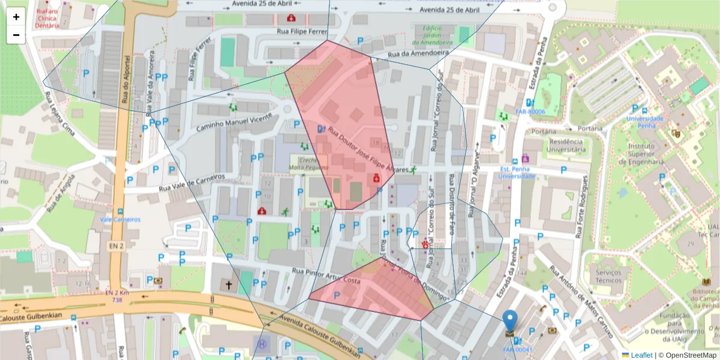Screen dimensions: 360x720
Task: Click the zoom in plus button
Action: (x=16, y=17)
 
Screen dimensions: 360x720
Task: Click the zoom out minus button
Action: (x=16, y=35)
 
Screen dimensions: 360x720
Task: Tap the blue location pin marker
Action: (x=509, y=323)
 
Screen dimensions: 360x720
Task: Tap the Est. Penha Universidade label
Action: (x=517, y=173)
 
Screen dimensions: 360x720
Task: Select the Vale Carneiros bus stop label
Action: (x=120, y=220)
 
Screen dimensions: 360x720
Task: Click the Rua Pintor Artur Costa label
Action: (x=325, y=277)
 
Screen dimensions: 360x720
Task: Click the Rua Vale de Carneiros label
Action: (x=191, y=184)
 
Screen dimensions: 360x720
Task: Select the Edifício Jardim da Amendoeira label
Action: (x=432, y=35)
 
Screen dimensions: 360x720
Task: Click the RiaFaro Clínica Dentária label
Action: (x=47, y=18)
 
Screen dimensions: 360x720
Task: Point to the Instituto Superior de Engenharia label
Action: (x=646, y=153)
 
